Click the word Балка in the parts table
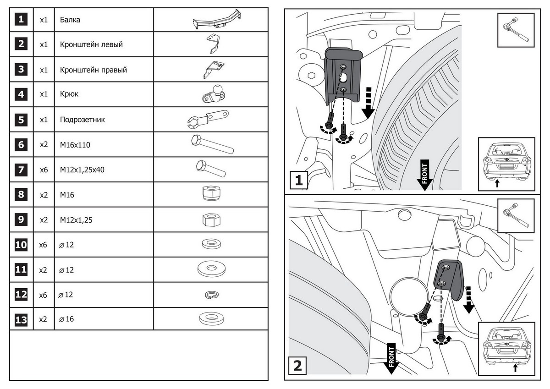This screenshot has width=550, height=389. click(x=70, y=20)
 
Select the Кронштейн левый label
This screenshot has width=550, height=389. click(x=91, y=45)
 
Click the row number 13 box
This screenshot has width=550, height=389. click(x=21, y=319)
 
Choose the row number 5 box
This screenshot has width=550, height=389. click(x=21, y=120)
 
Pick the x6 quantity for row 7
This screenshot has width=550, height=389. click(x=44, y=170)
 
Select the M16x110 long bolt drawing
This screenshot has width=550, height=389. click(x=211, y=145)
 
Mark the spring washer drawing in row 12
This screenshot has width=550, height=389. click(x=211, y=295)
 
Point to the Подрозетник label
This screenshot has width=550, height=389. click(x=82, y=120)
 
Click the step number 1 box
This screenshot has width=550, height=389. click(x=298, y=180)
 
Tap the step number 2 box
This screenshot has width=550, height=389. click(x=297, y=366)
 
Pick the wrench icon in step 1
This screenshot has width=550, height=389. click(x=516, y=30)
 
